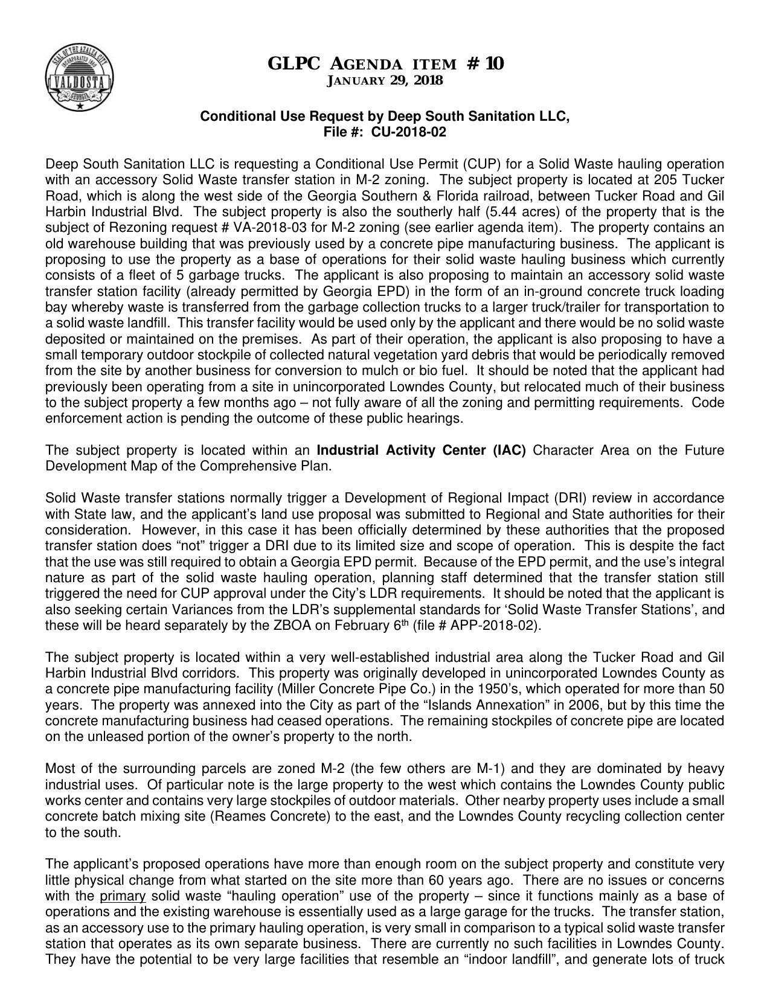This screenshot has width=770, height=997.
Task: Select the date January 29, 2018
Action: (385, 80)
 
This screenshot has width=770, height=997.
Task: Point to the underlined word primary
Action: (123, 896)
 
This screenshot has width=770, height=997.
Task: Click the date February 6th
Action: (371, 625)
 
